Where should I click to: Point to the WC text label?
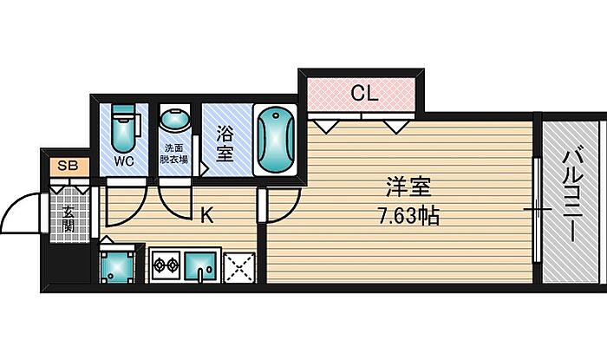124,161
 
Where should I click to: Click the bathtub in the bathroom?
275,141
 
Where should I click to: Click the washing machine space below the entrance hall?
117,265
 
